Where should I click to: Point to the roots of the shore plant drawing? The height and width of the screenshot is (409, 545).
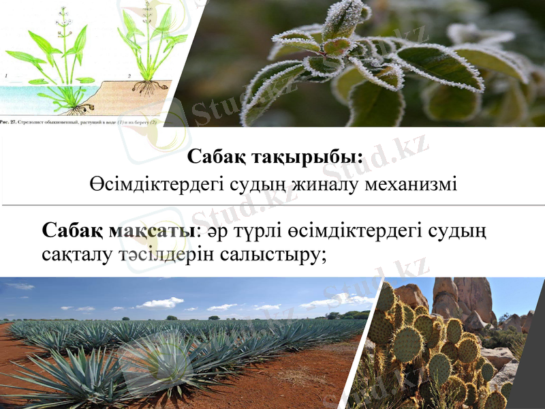(145, 87)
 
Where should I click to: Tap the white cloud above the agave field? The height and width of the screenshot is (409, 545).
(160, 302)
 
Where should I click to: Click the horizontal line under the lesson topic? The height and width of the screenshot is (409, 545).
(272, 204)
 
